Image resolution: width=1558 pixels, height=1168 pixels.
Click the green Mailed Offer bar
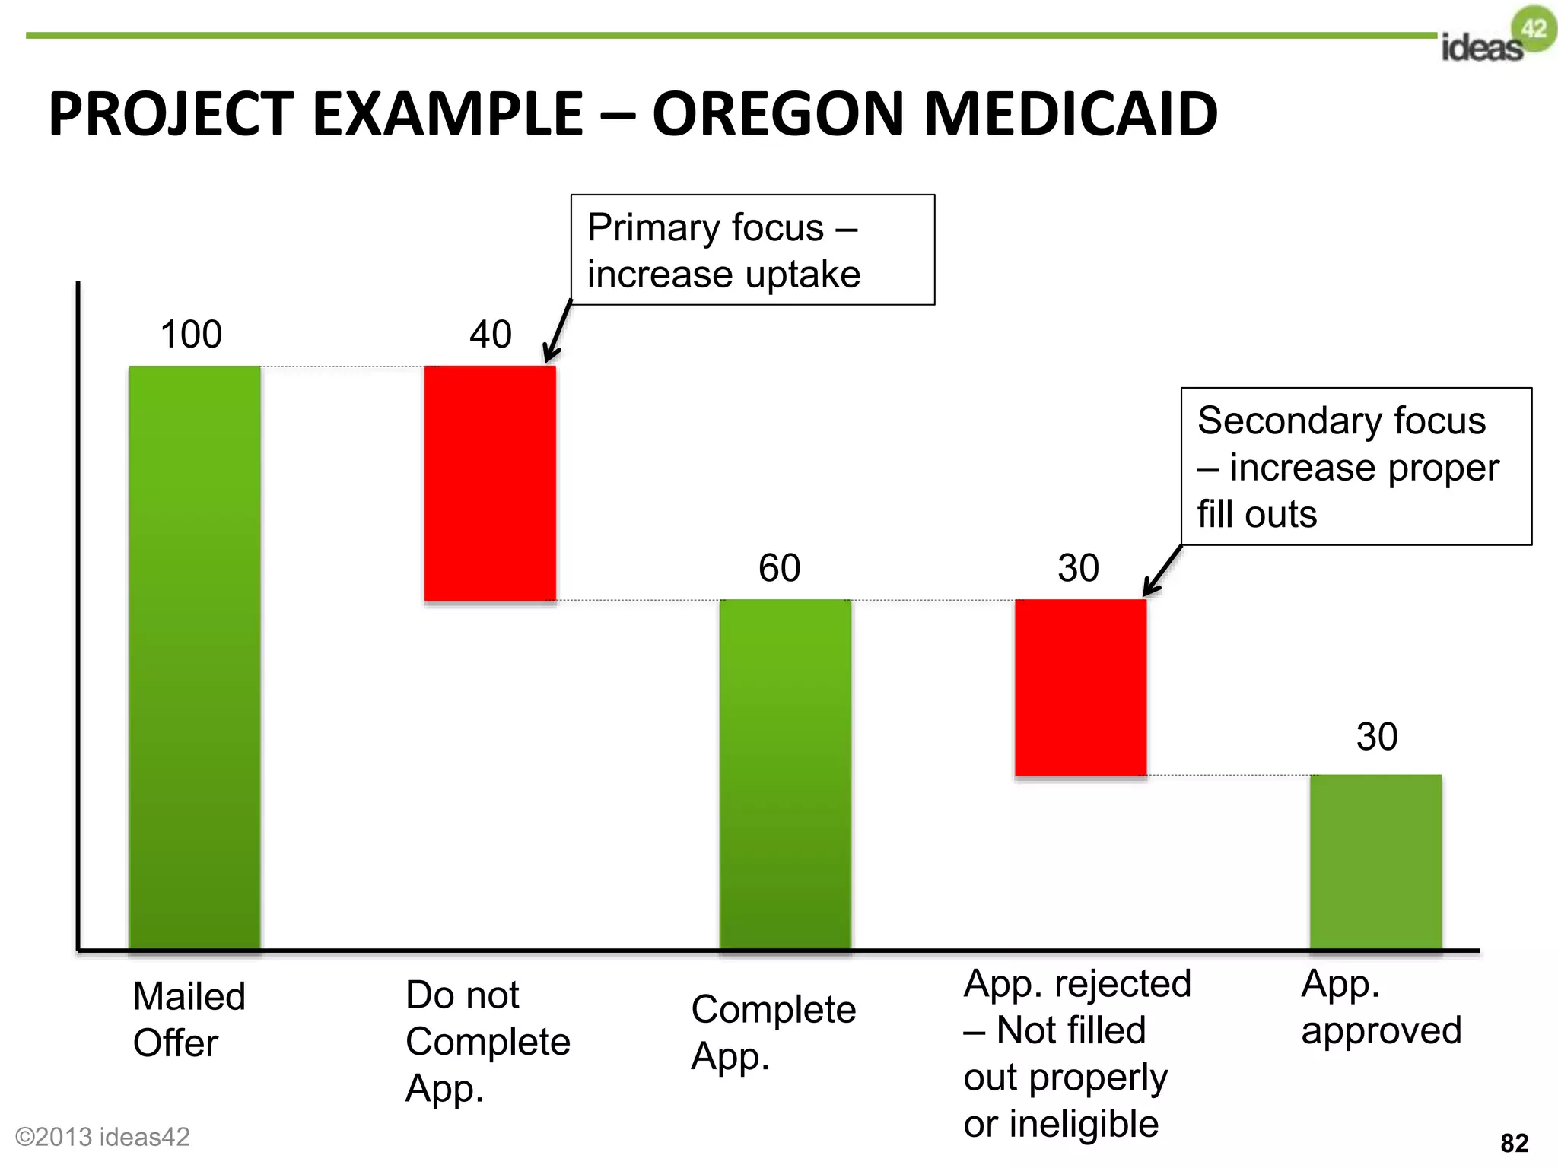point(195,658)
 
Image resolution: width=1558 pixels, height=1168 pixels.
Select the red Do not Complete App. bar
point(490,484)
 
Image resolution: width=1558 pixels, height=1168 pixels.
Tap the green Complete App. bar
point(785,774)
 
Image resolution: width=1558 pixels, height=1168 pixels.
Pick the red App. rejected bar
point(1080,687)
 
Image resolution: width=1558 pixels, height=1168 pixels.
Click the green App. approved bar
point(1375,862)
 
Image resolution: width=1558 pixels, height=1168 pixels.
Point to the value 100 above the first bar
point(191,335)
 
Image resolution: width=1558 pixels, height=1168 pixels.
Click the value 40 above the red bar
point(491,335)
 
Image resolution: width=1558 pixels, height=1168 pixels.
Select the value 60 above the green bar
point(780,568)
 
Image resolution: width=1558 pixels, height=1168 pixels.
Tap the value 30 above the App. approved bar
point(1377,737)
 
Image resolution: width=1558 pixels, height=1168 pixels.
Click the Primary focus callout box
point(752,250)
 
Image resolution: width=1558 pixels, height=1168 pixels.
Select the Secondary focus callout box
point(1356,466)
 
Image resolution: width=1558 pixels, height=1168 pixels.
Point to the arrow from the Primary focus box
point(557,332)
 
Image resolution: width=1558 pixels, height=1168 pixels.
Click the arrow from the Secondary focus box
point(1162,571)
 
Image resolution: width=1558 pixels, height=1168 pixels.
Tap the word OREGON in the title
point(779,114)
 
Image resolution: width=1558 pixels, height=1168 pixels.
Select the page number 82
point(1514,1143)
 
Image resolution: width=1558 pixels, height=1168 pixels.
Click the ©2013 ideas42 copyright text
point(103,1137)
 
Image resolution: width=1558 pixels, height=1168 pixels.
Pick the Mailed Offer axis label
point(189,1020)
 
